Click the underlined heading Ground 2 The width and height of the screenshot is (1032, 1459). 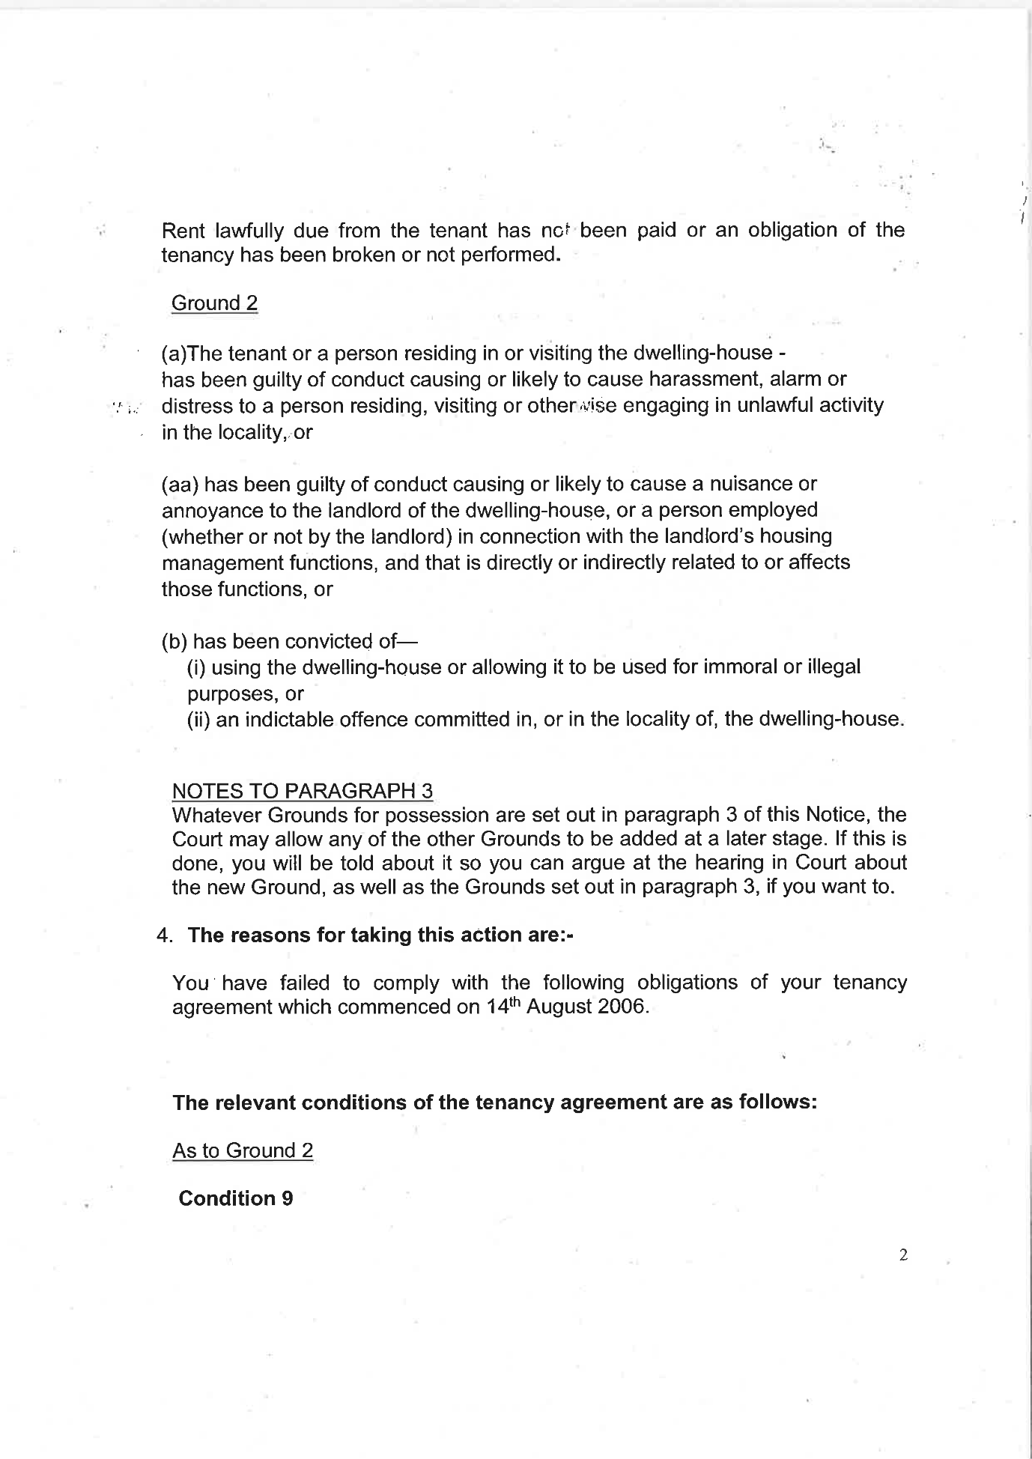(x=214, y=303)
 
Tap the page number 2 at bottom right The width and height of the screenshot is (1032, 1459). (x=903, y=1255)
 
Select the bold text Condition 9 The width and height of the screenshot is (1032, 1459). (x=235, y=1198)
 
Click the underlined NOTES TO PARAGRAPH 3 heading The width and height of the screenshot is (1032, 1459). (x=302, y=791)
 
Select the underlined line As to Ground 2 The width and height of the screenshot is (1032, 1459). (x=243, y=1150)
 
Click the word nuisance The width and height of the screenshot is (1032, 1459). (x=738, y=484)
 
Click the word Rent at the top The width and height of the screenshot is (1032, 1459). (x=183, y=230)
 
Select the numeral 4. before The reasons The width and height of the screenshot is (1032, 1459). (x=164, y=935)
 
